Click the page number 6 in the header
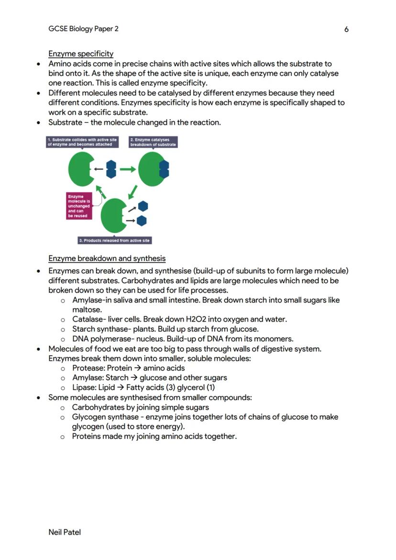coord(346,30)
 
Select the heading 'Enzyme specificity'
coord(81,54)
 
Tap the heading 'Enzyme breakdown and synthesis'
coord(107,259)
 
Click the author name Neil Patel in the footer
coord(65,532)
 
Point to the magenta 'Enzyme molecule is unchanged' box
coord(78,206)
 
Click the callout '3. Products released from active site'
coord(115,240)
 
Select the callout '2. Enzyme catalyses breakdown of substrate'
coord(153,142)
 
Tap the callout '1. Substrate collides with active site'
coord(82,142)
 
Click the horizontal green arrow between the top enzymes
coord(127,169)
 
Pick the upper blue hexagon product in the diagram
coord(143,206)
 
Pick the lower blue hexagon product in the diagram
coord(142,220)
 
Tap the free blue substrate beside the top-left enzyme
coord(111,169)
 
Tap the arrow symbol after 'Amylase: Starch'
coord(134,378)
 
